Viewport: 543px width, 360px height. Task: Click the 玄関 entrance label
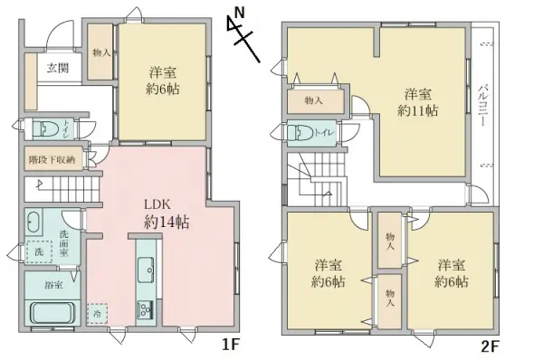[x=57, y=68]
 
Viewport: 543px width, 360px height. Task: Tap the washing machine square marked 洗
[x=39, y=253]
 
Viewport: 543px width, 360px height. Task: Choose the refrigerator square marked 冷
[x=97, y=313]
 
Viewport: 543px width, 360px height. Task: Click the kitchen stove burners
[x=145, y=310]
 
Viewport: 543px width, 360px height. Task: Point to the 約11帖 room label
[x=417, y=102]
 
